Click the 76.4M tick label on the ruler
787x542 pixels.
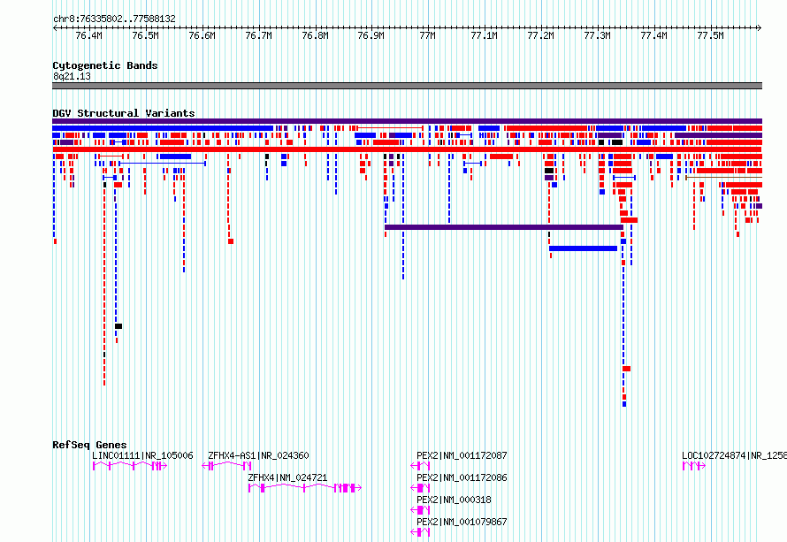[88, 36]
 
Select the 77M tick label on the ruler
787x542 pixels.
[428, 36]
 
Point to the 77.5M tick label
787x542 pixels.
[710, 36]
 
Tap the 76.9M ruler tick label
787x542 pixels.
[371, 36]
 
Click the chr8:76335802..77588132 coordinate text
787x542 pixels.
[114, 19]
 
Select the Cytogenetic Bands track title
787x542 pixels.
[104, 65]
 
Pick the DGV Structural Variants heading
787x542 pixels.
[123, 113]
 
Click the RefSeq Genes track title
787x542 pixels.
[89, 445]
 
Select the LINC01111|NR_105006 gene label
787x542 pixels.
[142, 455]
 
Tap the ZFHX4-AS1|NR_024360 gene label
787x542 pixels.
[258, 455]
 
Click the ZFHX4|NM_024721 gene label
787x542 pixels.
[287, 477]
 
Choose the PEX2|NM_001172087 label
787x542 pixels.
[462, 455]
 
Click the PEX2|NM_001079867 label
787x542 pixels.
[462, 522]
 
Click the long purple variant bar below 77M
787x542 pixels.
[504, 227]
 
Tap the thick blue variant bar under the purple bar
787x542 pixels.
[583, 248]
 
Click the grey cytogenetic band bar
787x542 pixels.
[407, 86]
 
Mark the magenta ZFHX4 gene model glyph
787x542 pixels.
[303, 488]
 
